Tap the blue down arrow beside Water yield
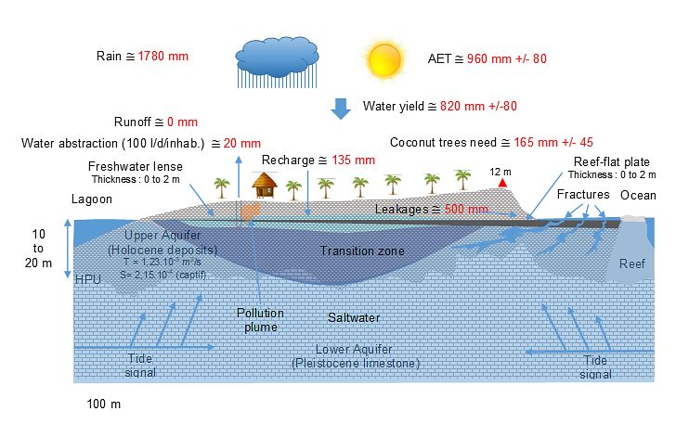[x=342, y=108]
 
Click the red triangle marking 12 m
[x=501, y=184]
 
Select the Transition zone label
[x=362, y=251]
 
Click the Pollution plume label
[x=259, y=320]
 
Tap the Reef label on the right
[x=632, y=263]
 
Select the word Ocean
[x=638, y=195]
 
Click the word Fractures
[x=583, y=195]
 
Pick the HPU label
[x=87, y=279]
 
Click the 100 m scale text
[x=104, y=405]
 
